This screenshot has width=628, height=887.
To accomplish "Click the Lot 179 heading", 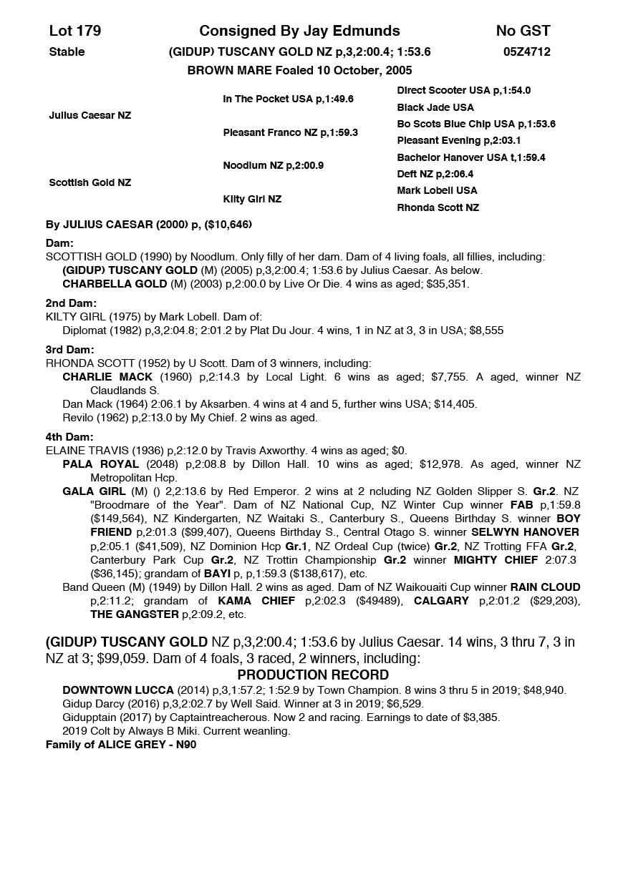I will (x=75, y=31).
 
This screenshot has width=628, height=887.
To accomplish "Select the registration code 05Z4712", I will (x=526, y=52).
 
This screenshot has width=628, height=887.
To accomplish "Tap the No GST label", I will (x=523, y=31).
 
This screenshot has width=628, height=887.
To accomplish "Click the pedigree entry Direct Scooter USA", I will (x=463, y=91).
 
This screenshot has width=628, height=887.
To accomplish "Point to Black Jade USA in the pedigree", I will (x=435, y=107).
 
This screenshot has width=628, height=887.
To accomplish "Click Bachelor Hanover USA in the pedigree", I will (x=470, y=157).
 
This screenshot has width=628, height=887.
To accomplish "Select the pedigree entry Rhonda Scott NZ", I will (x=438, y=207).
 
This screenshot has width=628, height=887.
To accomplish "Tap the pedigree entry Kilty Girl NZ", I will (x=252, y=199).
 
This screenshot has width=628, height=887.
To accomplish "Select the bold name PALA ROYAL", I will (x=100, y=464).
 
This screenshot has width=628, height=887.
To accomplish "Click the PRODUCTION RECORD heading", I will (x=313, y=675).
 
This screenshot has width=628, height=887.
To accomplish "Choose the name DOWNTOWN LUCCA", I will (x=118, y=690).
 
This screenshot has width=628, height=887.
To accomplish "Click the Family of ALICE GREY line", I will (x=121, y=745).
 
